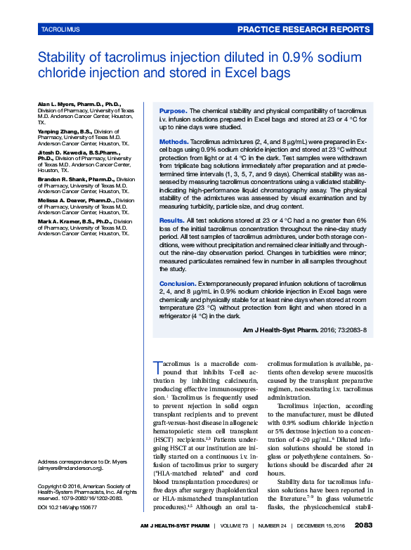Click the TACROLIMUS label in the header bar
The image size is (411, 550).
tap(61, 30)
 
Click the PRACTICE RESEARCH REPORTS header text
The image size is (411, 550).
tap(303, 30)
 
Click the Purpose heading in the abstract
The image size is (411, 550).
tap(173, 111)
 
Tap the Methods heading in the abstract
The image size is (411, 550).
tap(174, 142)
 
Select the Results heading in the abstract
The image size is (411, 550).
tap(172, 221)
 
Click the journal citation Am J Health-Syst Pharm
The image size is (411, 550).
tap(282, 329)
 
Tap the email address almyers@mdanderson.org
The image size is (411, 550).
tap(70, 468)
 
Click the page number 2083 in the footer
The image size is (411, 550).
tap(364, 525)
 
